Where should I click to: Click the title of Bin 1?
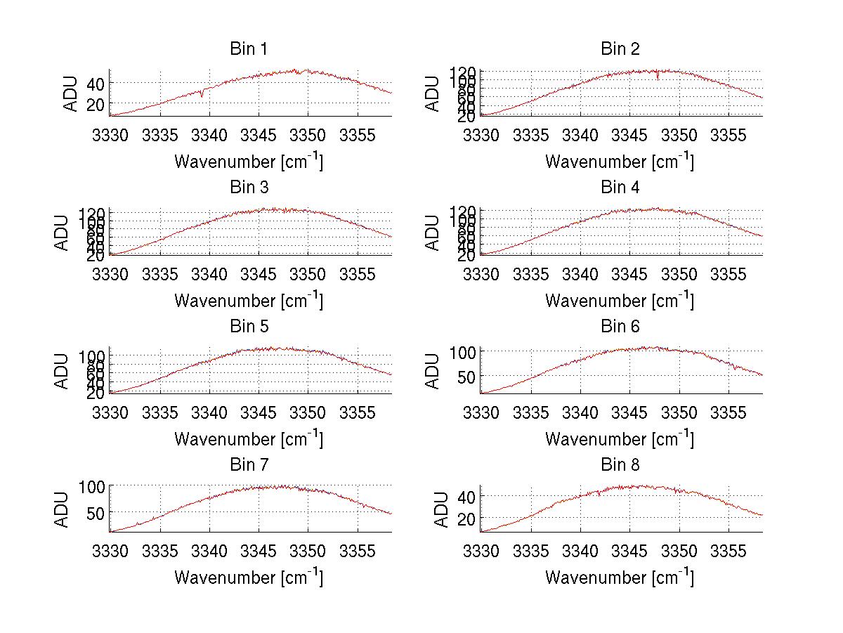click(x=249, y=49)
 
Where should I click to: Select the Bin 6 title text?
click(x=620, y=327)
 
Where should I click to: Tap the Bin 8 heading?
click(x=620, y=465)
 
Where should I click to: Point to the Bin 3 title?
click(x=249, y=188)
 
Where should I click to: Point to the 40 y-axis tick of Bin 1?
click(x=96, y=84)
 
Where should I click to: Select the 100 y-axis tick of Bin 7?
click(x=92, y=486)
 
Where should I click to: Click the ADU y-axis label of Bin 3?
click(x=62, y=233)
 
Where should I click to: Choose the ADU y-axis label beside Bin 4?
click(x=433, y=233)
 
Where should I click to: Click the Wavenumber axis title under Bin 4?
click(x=619, y=300)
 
